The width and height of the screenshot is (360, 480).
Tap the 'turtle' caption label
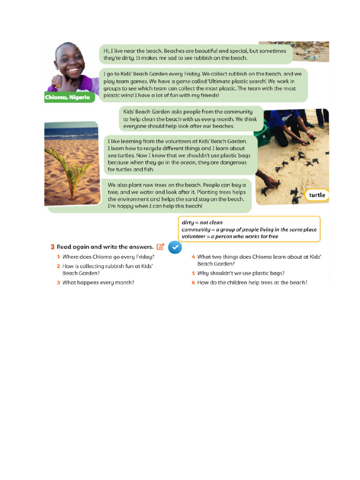pos(317,195)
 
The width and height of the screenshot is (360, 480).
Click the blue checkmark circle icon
pos(174,247)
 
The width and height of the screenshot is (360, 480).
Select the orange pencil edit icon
pos(161,247)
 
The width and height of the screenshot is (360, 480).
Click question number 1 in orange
pos(59,257)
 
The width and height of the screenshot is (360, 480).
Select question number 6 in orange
pos(193,283)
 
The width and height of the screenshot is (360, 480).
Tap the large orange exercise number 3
pos(52,247)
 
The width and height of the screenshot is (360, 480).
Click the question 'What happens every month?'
pos(98,283)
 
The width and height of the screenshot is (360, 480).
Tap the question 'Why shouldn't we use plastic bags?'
pos(240,273)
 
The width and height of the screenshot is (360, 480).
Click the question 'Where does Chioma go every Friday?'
pos(108,257)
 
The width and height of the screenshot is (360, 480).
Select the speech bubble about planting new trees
pos(177,195)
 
